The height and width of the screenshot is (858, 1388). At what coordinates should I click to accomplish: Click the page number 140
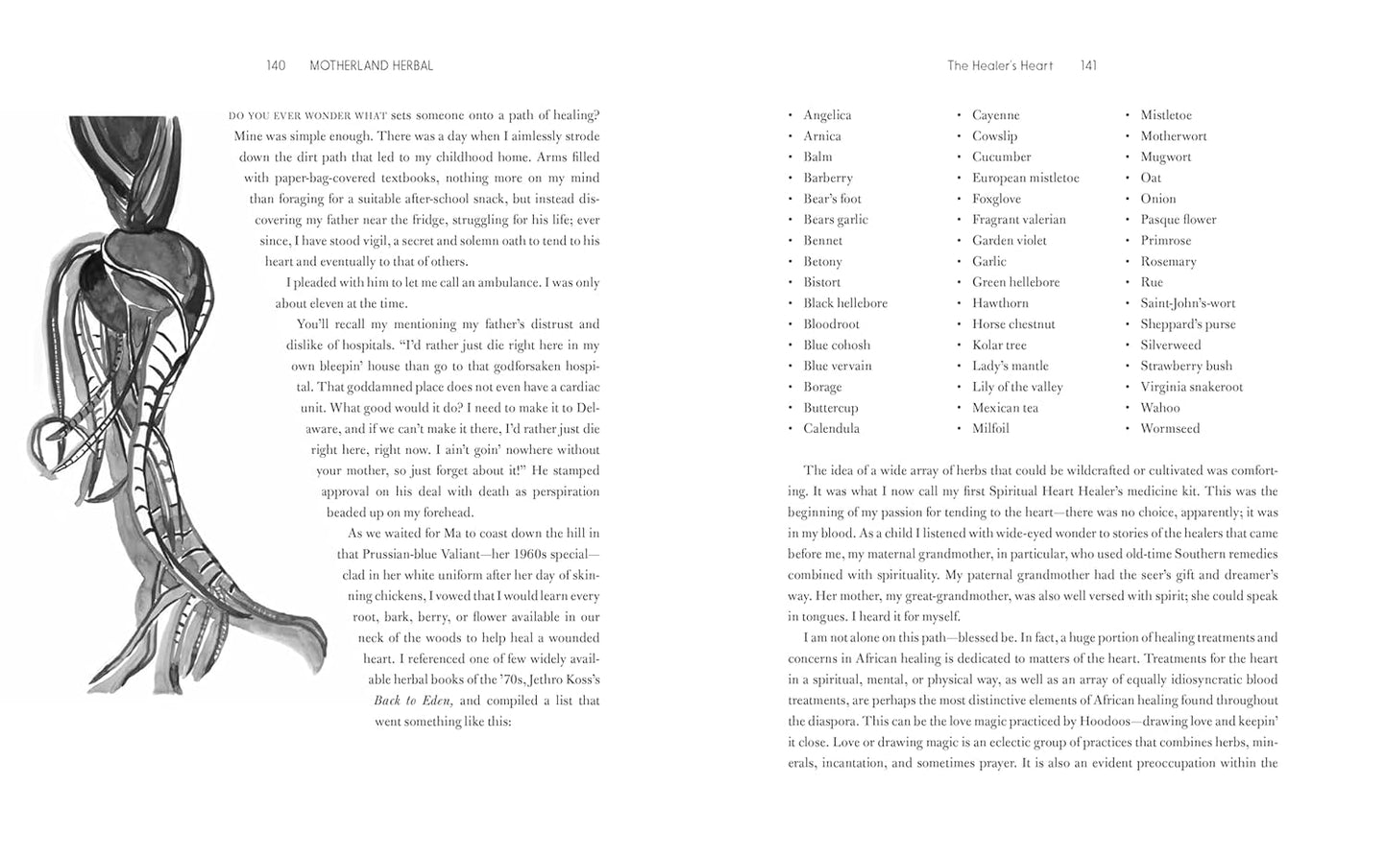point(276,66)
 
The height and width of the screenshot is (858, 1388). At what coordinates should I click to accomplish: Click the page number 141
point(1088,66)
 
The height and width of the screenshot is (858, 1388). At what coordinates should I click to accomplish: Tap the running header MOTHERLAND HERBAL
point(371,66)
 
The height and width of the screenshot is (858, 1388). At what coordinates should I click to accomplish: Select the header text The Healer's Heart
point(1000,66)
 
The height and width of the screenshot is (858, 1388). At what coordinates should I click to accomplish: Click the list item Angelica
point(827,115)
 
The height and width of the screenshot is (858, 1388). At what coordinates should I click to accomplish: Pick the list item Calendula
point(831,429)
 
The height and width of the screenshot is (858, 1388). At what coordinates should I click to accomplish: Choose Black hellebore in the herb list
point(845,303)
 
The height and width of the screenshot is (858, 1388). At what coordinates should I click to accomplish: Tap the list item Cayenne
point(995,115)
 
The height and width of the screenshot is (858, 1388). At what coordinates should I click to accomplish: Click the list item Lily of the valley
point(1017,387)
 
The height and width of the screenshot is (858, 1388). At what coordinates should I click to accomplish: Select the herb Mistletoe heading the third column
point(1166,115)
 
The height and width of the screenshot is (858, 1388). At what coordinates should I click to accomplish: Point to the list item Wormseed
point(1170,429)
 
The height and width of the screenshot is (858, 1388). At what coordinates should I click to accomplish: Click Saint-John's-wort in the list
point(1188,303)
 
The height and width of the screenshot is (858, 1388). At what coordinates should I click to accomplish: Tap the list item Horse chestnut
point(1013,324)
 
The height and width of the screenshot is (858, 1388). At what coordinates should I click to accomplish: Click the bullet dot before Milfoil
point(959,429)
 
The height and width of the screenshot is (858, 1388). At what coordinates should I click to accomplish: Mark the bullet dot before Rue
point(1128,282)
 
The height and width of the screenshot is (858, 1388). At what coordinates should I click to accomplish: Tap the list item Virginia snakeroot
point(1191,387)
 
